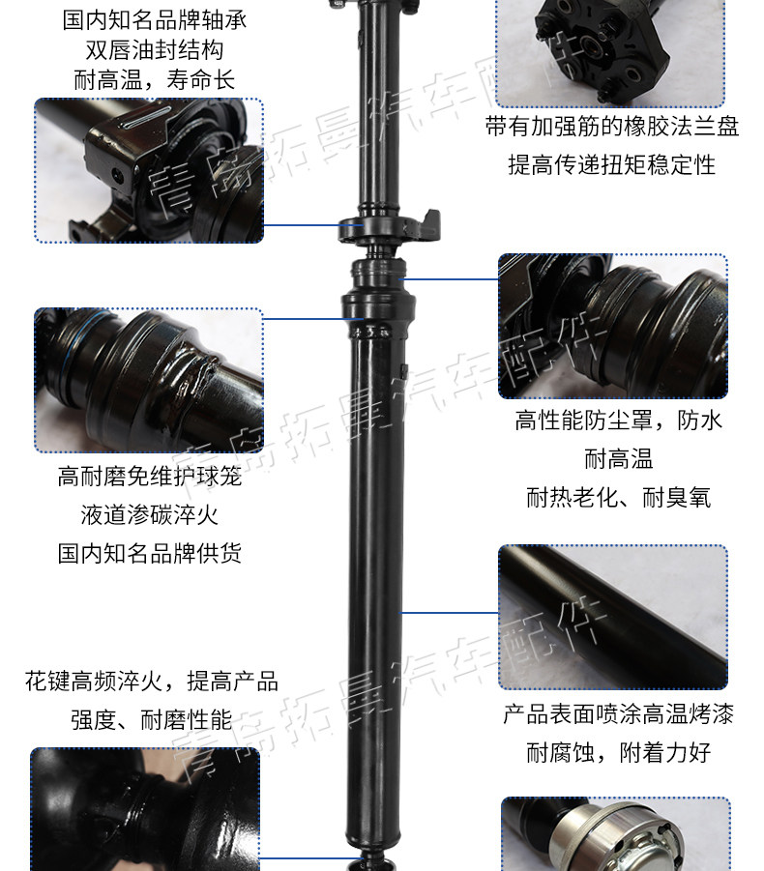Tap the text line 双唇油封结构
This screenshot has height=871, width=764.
point(155,48)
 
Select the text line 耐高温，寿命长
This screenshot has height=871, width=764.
point(155,79)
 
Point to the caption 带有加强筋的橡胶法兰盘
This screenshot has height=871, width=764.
point(612,127)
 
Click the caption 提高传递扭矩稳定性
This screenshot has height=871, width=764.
point(612,164)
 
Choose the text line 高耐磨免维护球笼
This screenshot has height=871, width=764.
point(149,476)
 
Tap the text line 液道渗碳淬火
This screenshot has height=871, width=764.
point(149,514)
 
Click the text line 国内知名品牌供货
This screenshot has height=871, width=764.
point(149,553)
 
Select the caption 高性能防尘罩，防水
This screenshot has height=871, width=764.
point(618,420)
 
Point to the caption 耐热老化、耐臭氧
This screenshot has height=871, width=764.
point(618,497)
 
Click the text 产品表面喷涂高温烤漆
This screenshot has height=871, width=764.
point(618,714)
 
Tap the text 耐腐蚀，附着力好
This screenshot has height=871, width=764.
point(618,752)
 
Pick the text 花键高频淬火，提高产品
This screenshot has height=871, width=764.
point(152,681)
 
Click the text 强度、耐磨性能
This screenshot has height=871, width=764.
point(152,719)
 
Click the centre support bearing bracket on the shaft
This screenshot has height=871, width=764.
point(387,227)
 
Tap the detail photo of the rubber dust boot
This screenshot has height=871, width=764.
point(612,326)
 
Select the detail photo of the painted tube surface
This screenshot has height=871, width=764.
point(612,617)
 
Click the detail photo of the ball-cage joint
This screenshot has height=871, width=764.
point(149,379)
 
